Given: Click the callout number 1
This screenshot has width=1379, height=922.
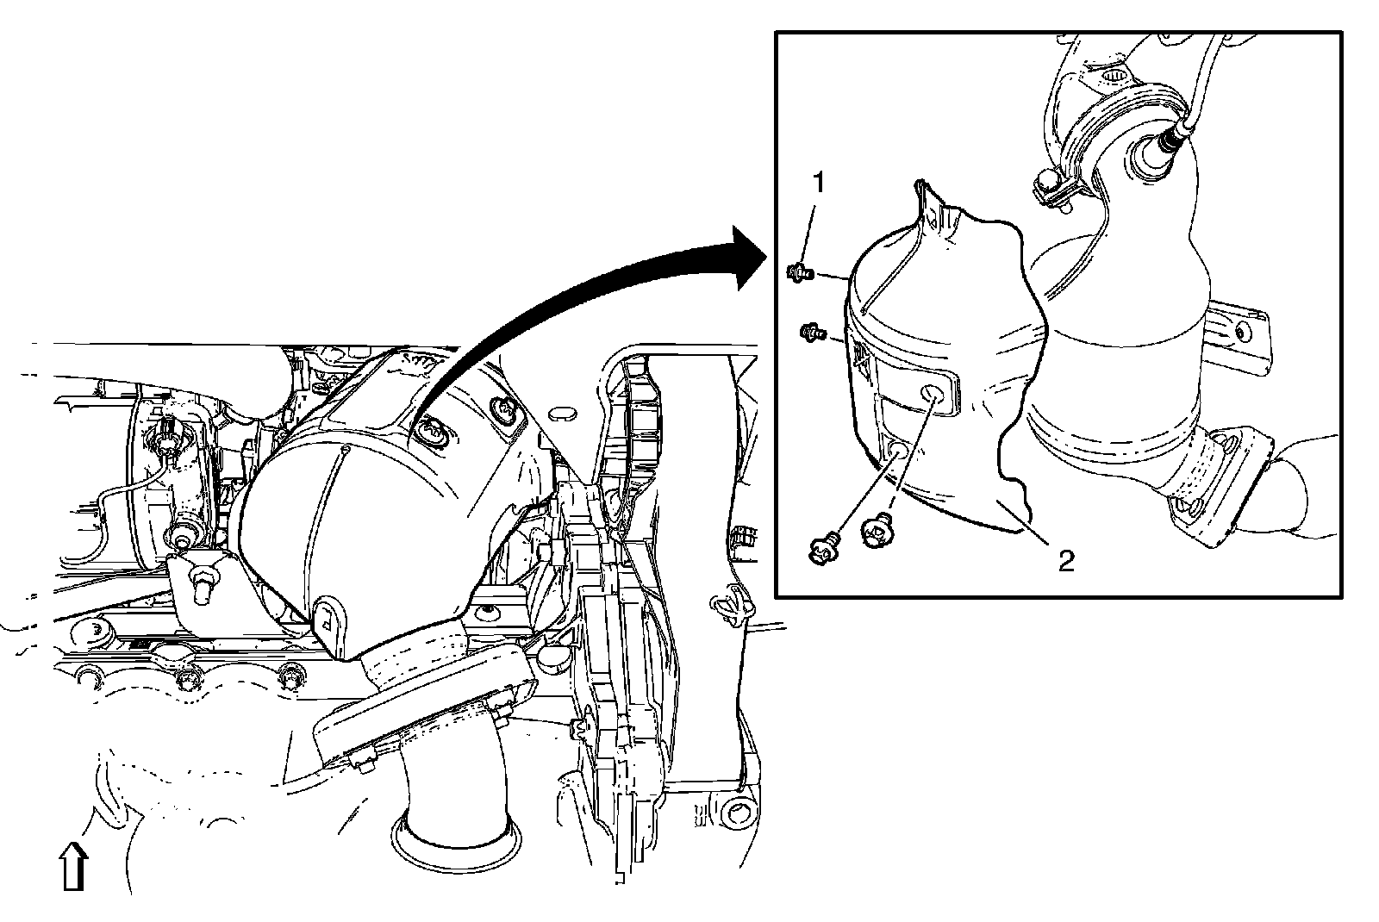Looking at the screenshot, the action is pos(819,184).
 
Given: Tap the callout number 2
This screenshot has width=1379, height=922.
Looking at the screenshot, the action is pos(1066,562).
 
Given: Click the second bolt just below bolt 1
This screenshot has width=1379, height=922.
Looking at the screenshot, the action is pos(812,330).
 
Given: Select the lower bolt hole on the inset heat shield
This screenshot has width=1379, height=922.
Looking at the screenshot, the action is pos(896,448).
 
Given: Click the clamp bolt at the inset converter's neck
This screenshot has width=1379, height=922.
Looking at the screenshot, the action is pos(1045,184).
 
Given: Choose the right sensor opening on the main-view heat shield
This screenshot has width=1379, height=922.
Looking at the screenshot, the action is pos(504,411).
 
